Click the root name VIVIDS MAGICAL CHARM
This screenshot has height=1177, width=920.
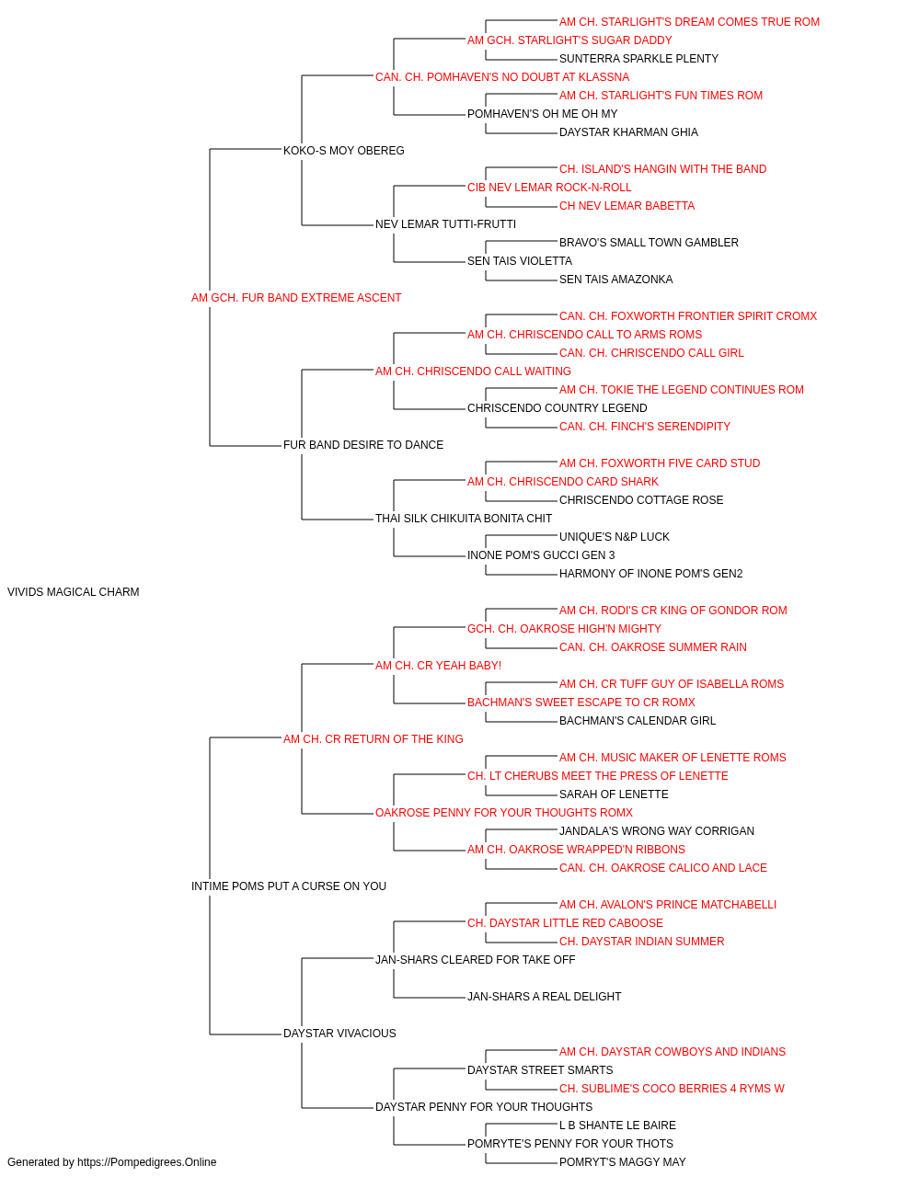coord(74,592)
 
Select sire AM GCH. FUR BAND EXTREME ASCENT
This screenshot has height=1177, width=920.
coord(296,298)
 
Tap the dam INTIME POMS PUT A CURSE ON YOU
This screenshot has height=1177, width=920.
coord(289,886)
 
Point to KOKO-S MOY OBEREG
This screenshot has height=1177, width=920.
coord(344,151)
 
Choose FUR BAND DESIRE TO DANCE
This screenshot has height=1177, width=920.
coord(363,445)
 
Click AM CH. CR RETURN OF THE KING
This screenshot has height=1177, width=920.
coord(374,738)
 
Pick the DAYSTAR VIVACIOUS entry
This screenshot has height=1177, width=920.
coord(339,1033)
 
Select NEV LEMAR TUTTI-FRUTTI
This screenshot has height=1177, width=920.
coord(446,224)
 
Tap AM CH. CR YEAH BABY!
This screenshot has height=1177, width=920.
coord(438,665)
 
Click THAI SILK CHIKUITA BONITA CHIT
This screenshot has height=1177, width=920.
coord(464,519)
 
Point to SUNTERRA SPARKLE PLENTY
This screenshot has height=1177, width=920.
coord(638,59)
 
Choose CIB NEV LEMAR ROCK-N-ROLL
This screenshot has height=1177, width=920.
coord(549,188)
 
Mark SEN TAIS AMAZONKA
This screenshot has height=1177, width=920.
coord(616,280)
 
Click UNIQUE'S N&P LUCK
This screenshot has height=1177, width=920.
coord(615,537)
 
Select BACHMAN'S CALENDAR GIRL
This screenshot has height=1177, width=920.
coord(638,720)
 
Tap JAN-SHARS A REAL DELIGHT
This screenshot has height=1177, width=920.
coord(545,996)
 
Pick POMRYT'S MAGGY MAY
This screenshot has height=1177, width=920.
coord(623,1162)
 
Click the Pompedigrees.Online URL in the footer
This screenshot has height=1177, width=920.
coord(147,1162)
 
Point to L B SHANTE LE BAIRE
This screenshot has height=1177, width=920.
coord(617,1125)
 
